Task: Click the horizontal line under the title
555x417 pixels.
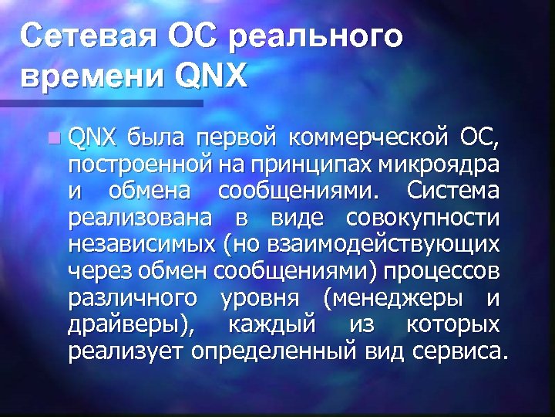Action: coord(100,102)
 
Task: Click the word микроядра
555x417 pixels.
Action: coord(447,164)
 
